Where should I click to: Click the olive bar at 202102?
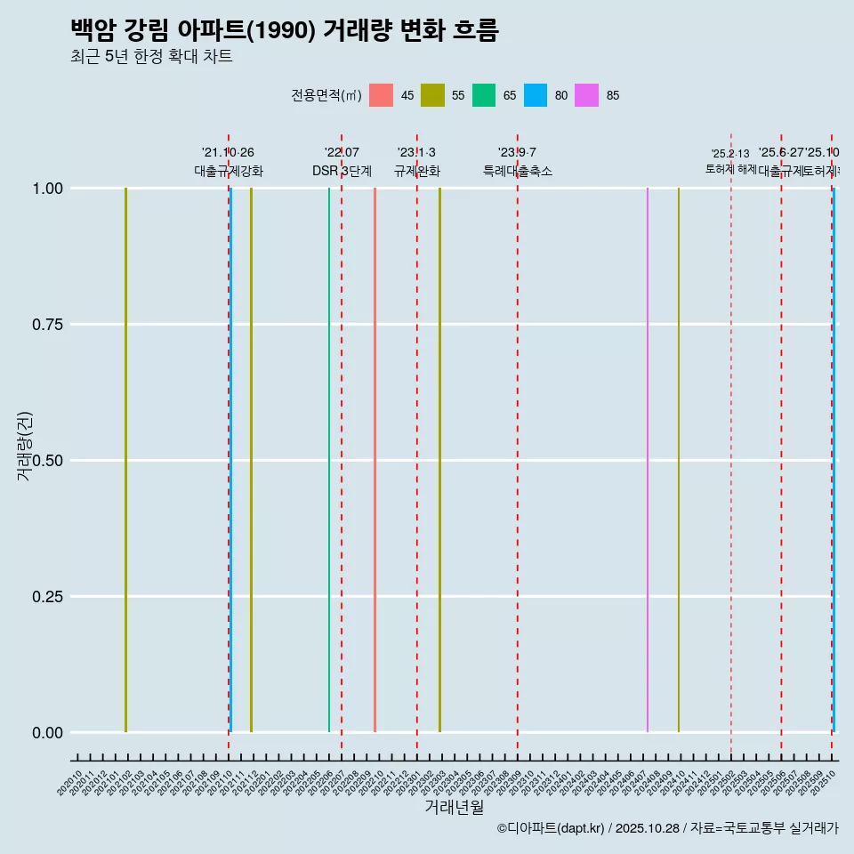pyautogui.click(x=126, y=460)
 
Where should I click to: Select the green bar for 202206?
pyautogui.click(x=329, y=460)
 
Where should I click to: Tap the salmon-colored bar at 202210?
pyautogui.click(x=375, y=460)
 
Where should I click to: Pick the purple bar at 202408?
pyautogui.click(x=648, y=460)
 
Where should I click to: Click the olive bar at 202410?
pyautogui.click(x=679, y=460)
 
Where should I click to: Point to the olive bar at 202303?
pyautogui.click(x=439, y=460)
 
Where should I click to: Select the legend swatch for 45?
pyautogui.click(x=381, y=95)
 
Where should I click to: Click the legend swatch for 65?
pyautogui.click(x=484, y=95)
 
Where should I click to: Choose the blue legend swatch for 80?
pyautogui.click(x=536, y=95)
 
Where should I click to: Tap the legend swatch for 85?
pyautogui.click(x=587, y=95)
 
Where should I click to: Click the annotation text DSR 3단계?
pyautogui.click(x=342, y=171)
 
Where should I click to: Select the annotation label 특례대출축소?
pyautogui.click(x=518, y=171)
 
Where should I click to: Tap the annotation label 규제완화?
pyautogui.click(x=417, y=171)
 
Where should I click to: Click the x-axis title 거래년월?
pyautogui.click(x=454, y=807)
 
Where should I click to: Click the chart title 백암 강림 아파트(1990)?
pyautogui.click(x=285, y=31)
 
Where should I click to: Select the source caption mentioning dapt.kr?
pyautogui.click(x=667, y=828)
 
